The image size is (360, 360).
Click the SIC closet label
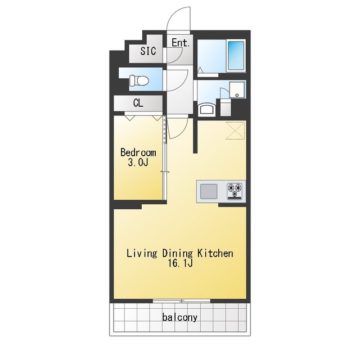148,51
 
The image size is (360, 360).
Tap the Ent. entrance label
181,43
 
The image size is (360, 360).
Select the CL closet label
138,103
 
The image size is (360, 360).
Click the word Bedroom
138,152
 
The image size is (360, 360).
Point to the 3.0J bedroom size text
138,163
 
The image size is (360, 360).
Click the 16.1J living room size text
180,263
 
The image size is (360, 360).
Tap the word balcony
180,317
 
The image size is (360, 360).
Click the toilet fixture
139,80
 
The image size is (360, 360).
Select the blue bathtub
236,56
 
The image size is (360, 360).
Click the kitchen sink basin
209,191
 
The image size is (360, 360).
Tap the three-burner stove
235,191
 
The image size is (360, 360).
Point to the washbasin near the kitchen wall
207,110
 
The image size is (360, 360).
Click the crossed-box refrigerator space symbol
236,130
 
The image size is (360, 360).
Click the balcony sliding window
181,301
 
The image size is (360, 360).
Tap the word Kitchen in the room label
215,253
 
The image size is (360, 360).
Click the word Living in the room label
142,254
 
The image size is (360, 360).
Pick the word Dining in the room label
178,254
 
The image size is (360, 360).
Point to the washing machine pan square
237,89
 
